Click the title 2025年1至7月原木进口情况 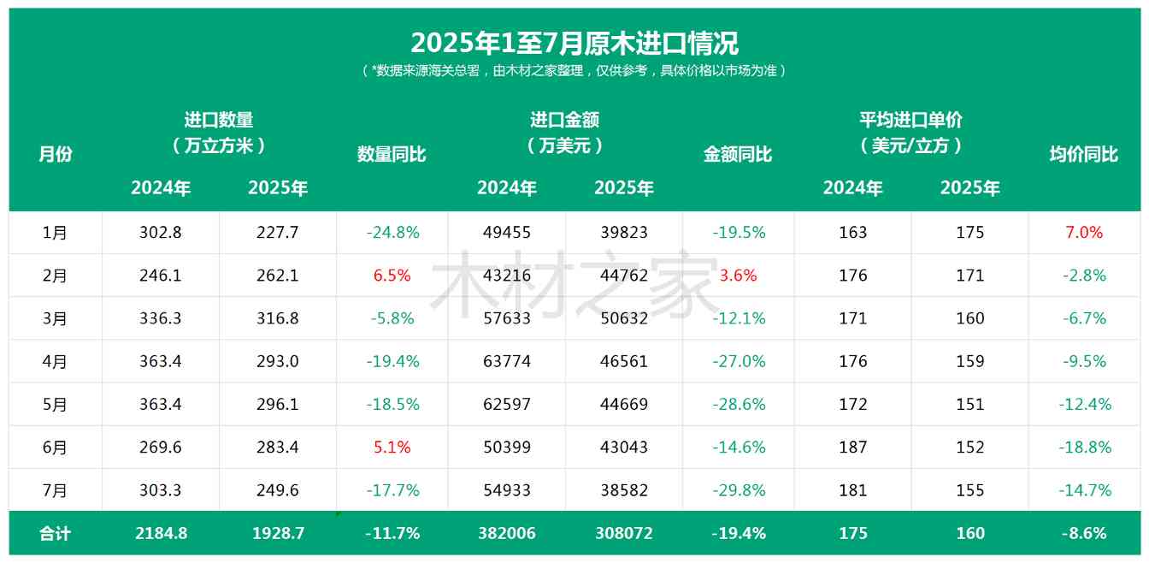tap(574, 43)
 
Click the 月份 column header tap(56, 154)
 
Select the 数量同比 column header tap(392, 155)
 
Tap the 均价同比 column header tap(1083, 155)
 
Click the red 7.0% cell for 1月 tap(1084, 232)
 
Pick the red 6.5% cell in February tap(392, 276)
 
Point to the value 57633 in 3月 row tap(506, 318)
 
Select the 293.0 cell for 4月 tap(278, 361)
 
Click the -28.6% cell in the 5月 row tap(739, 404)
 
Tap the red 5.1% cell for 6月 tap(392, 447)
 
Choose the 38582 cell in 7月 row tap(624, 490)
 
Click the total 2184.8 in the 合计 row tap(161, 533)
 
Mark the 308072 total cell tap(624, 533)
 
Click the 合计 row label tap(56, 533)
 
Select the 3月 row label tap(56, 318)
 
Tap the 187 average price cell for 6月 tap(852, 447)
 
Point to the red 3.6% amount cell tap(739, 276)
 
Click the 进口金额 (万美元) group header tap(565, 133)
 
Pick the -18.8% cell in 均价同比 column tap(1084, 447)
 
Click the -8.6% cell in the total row tap(1084, 533)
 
